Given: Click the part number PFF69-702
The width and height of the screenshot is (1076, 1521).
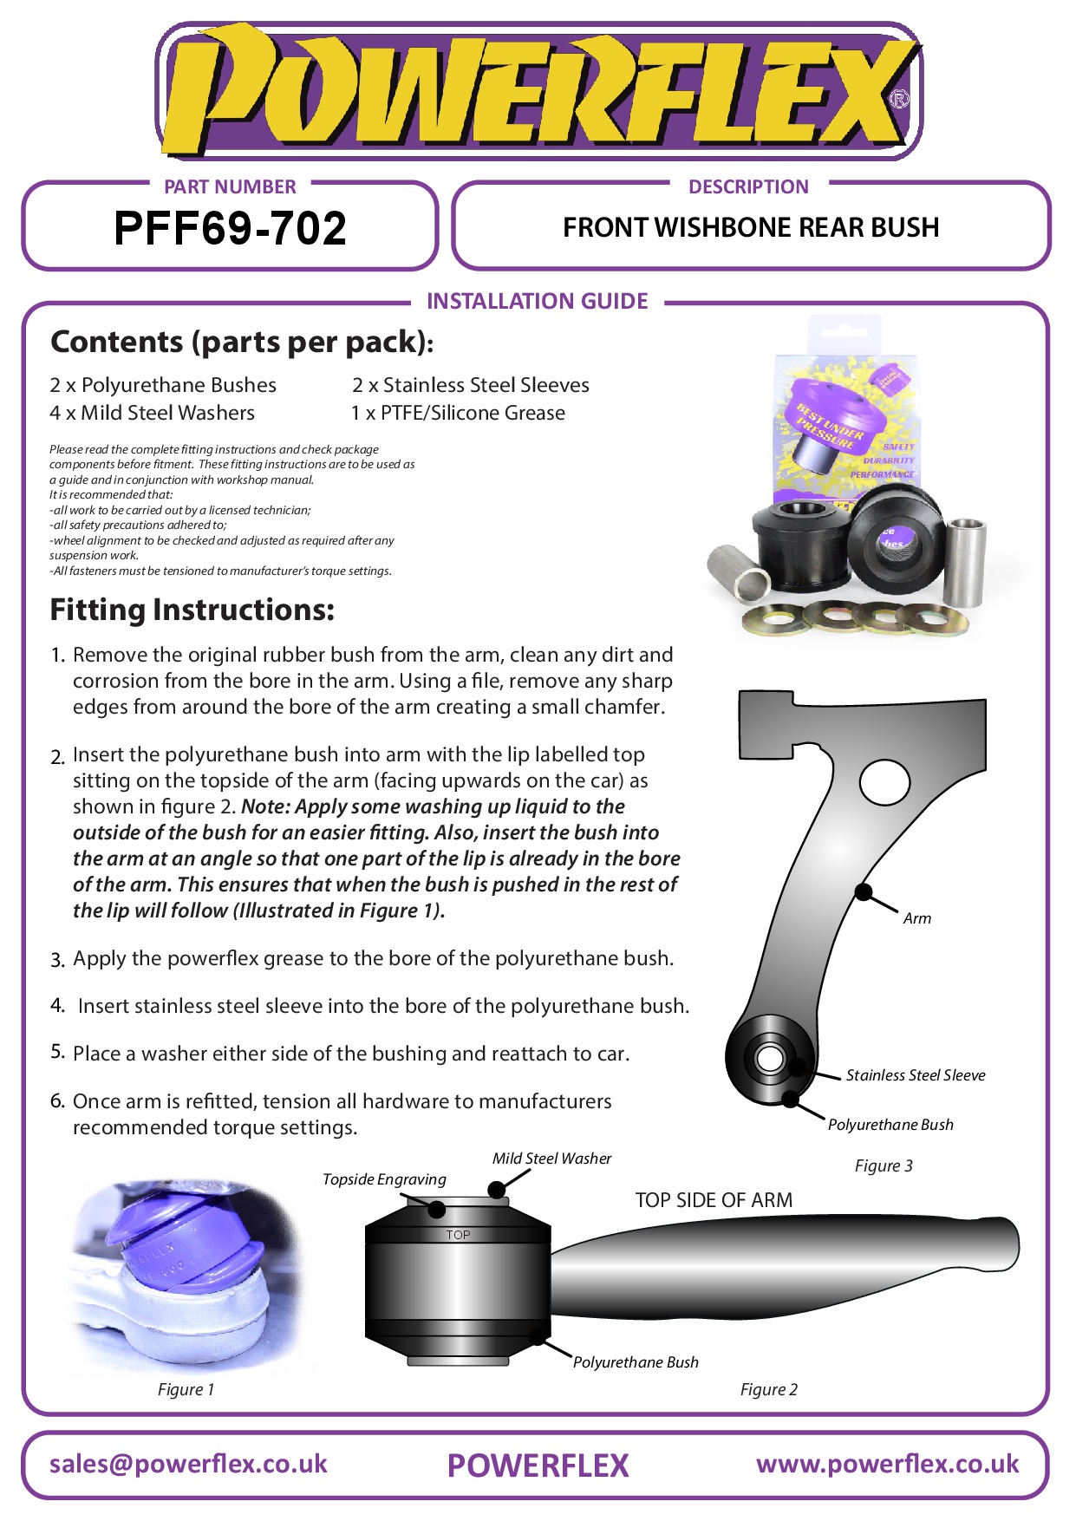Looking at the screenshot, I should coord(230,229).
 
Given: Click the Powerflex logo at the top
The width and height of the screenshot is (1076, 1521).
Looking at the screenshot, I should coord(538,91).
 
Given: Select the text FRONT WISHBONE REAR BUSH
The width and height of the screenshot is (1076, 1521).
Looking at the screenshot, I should coord(751,227).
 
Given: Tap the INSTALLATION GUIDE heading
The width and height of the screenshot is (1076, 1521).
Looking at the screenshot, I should coord(537,301).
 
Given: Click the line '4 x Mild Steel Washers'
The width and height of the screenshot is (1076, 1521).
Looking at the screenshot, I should coord(152,413).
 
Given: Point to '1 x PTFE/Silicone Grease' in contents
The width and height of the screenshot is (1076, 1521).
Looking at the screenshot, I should coord(458,413).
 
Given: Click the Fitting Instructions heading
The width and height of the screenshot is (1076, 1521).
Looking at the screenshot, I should coord(192,610).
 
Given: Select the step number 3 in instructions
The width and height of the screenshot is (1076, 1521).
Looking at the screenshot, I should coord(57,960).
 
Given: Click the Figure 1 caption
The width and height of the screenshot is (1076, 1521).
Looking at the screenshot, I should coord(186,1389).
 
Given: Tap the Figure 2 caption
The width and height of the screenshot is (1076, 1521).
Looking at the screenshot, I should coord(768,1389).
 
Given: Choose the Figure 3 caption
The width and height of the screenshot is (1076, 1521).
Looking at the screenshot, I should coord(884,1165).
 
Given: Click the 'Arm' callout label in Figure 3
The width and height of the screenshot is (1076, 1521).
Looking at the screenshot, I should coord(916,918).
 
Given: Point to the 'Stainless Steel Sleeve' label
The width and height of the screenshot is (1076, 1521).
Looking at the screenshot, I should coord(916,1075).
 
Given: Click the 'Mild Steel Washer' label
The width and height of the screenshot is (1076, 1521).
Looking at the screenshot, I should coord(551,1159).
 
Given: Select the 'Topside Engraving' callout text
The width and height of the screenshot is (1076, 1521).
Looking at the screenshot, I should coord(384,1179).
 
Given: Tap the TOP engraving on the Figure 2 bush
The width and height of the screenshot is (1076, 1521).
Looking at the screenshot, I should coord(458,1235).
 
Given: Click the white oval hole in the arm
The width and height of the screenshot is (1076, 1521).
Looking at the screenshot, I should coord(884,782).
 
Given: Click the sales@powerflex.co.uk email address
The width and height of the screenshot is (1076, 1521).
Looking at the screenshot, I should coord(188,1464).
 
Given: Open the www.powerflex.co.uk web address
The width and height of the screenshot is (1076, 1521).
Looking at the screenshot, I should coord(887,1464).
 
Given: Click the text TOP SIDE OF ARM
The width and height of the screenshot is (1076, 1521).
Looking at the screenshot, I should coord(714,1200).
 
